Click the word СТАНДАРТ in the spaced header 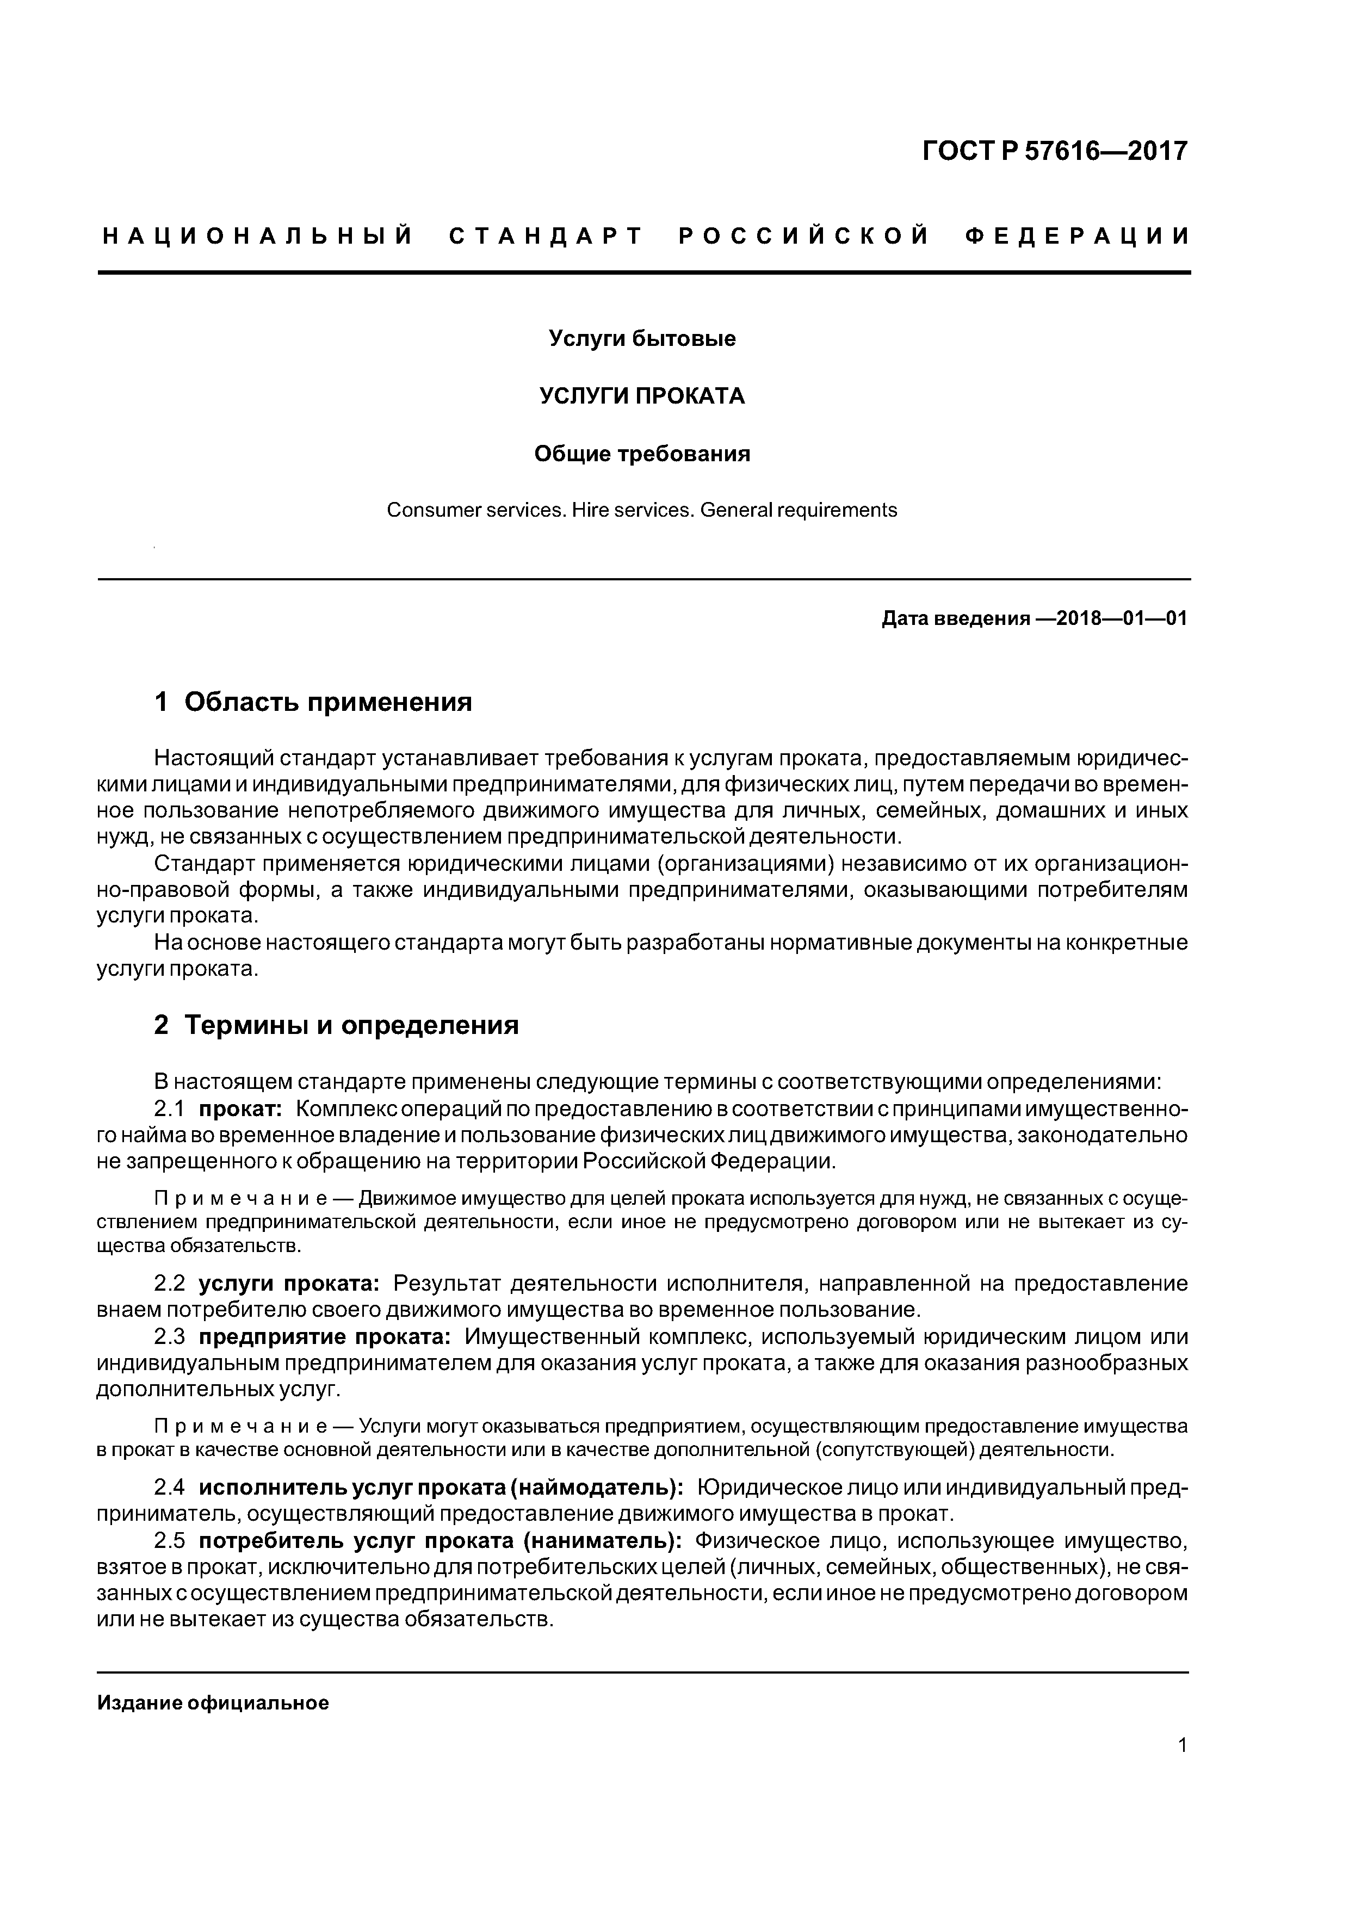pos(546,237)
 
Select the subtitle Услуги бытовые pos(642,339)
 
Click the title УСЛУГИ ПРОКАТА pos(642,397)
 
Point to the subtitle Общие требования pos(642,454)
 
